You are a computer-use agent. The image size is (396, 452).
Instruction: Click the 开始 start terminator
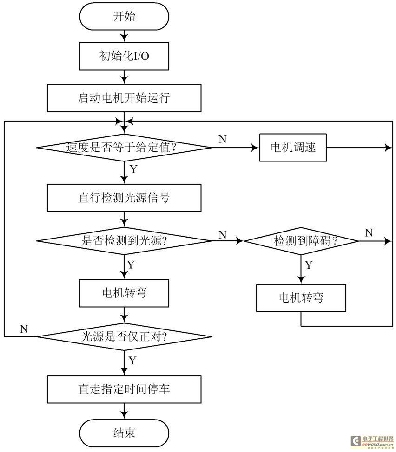click(x=124, y=16)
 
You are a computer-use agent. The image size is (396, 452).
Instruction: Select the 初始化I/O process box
click(x=124, y=56)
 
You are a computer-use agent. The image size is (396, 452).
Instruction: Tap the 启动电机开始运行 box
click(x=124, y=98)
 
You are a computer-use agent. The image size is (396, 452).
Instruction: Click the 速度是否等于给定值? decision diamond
click(x=124, y=148)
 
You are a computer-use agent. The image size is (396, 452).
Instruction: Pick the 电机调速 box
click(x=293, y=148)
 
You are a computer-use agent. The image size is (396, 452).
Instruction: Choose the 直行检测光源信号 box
click(x=124, y=198)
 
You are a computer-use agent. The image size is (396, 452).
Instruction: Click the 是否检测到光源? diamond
click(x=124, y=241)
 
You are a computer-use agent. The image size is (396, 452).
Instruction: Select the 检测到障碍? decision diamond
click(x=301, y=241)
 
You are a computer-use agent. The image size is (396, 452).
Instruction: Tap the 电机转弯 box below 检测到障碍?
click(x=301, y=298)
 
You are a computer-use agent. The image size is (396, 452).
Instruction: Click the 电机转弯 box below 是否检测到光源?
click(x=124, y=293)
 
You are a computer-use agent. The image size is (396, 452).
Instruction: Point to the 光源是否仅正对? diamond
click(x=124, y=336)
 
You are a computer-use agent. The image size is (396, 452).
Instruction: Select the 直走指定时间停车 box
click(x=124, y=389)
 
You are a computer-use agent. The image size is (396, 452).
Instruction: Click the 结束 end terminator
click(x=124, y=433)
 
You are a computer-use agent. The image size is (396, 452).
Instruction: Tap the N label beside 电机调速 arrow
click(x=223, y=139)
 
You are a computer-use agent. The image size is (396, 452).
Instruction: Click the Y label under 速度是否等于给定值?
click(x=133, y=169)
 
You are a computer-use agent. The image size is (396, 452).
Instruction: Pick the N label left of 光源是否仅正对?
click(x=24, y=329)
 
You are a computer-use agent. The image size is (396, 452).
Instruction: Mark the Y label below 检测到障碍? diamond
click(x=309, y=265)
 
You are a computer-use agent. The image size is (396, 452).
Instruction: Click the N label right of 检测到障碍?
click(x=369, y=232)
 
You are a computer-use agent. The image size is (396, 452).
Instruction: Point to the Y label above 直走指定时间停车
click(x=132, y=360)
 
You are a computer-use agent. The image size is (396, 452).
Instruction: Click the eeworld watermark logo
click(x=372, y=441)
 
